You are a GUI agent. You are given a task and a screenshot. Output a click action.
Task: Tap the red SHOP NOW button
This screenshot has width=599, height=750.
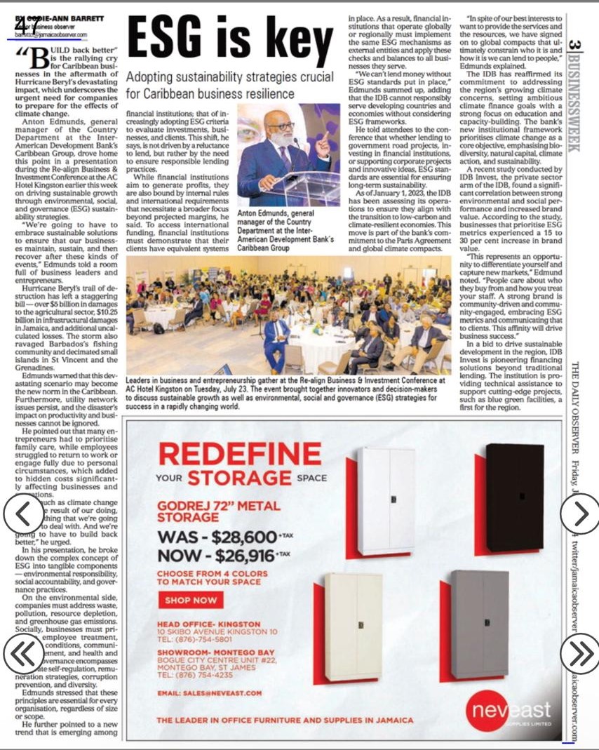pyautogui.click(x=190, y=601)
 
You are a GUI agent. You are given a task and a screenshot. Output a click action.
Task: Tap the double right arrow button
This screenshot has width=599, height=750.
pyautogui.click(x=580, y=653)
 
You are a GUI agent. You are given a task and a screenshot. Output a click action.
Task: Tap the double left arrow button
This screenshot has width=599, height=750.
pyautogui.click(x=23, y=655)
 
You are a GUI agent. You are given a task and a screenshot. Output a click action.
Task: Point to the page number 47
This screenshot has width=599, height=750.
pyautogui.click(x=27, y=25)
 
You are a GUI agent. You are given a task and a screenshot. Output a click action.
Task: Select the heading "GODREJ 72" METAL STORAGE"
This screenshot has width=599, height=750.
pyautogui.click(x=218, y=511)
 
